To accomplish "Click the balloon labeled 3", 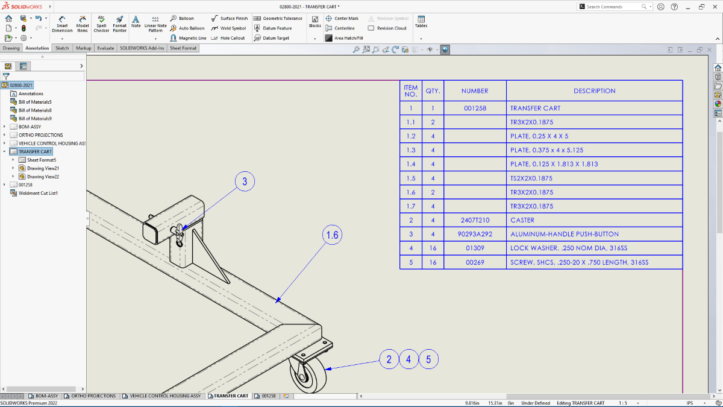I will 245,181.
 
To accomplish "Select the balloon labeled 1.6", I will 333,235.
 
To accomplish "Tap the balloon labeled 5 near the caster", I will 428,360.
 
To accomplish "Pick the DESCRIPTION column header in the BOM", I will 594,91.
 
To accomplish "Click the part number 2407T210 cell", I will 475,220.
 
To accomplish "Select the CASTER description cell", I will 594,220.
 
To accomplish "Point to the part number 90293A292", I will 475,234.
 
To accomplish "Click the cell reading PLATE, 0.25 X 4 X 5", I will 594,136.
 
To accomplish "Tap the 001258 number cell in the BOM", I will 475,109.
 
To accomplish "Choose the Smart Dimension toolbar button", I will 62,24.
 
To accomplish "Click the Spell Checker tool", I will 101,24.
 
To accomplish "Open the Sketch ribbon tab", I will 62,48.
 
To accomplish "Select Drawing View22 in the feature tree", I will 43,177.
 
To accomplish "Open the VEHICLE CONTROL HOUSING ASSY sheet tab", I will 162,396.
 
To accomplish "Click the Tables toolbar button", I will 421,22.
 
